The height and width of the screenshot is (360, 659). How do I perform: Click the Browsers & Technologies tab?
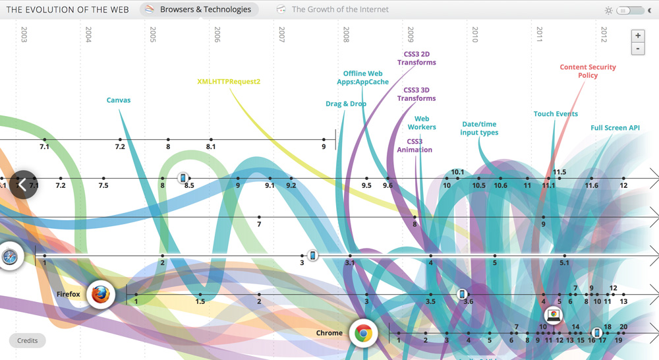coord(199,9)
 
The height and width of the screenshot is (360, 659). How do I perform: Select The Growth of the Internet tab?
coord(333,9)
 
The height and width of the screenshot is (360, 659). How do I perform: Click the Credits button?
coord(28,340)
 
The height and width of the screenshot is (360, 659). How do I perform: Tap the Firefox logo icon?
coord(101,294)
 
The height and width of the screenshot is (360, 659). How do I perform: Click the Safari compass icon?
coord(10,256)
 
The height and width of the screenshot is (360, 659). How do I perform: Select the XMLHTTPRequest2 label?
coord(229,82)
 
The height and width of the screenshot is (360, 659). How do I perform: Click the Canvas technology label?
coord(119,100)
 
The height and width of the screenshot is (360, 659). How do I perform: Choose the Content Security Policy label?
coord(588,71)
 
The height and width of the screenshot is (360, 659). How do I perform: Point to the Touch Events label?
coord(556,114)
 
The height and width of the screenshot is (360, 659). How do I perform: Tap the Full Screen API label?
coord(615,128)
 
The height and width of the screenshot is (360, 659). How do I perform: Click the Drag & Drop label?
coord(346,104)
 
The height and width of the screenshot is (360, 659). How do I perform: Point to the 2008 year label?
coord(346,35)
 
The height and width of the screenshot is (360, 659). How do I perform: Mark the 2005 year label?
coord(153,35)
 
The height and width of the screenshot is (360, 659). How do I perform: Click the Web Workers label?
coord(422,123)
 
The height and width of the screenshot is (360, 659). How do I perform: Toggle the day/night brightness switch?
coord(629,11)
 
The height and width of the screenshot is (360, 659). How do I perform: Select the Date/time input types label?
coord(479,129)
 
